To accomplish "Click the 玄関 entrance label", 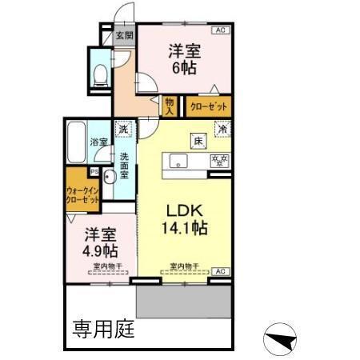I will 123,35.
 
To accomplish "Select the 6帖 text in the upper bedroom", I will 183,67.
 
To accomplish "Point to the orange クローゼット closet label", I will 208,104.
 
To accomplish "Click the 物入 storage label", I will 170,106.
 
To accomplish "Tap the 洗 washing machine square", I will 123,129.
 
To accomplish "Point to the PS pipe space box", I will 94,170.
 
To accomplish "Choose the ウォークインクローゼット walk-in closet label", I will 83,196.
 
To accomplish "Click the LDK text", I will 188,210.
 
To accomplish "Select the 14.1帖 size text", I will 188,229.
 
